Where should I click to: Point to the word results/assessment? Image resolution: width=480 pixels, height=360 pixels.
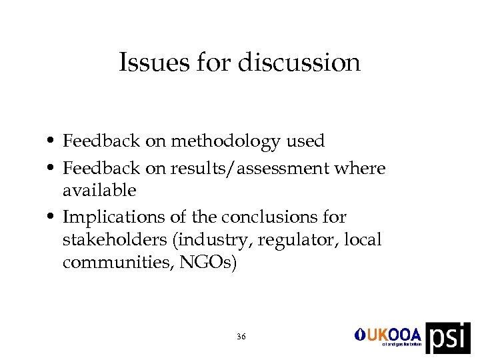250,169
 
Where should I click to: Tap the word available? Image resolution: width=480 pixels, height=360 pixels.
99,191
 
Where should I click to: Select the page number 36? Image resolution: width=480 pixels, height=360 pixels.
241,337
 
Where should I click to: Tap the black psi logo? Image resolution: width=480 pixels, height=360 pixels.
448,337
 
